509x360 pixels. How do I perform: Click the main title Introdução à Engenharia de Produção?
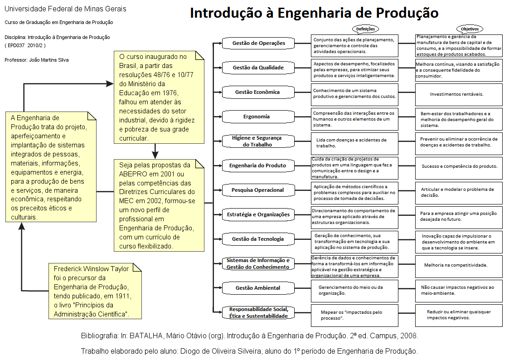(314, 13)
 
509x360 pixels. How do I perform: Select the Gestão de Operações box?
(258, 43)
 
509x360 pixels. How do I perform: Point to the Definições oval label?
(365, 29)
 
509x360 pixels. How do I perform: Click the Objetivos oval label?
(470, 29)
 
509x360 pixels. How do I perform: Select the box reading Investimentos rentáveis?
(459, 94)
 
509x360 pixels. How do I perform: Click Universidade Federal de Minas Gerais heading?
(66, 9)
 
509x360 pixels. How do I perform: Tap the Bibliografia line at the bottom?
(249, 336)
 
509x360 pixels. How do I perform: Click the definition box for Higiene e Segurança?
(354, 143)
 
